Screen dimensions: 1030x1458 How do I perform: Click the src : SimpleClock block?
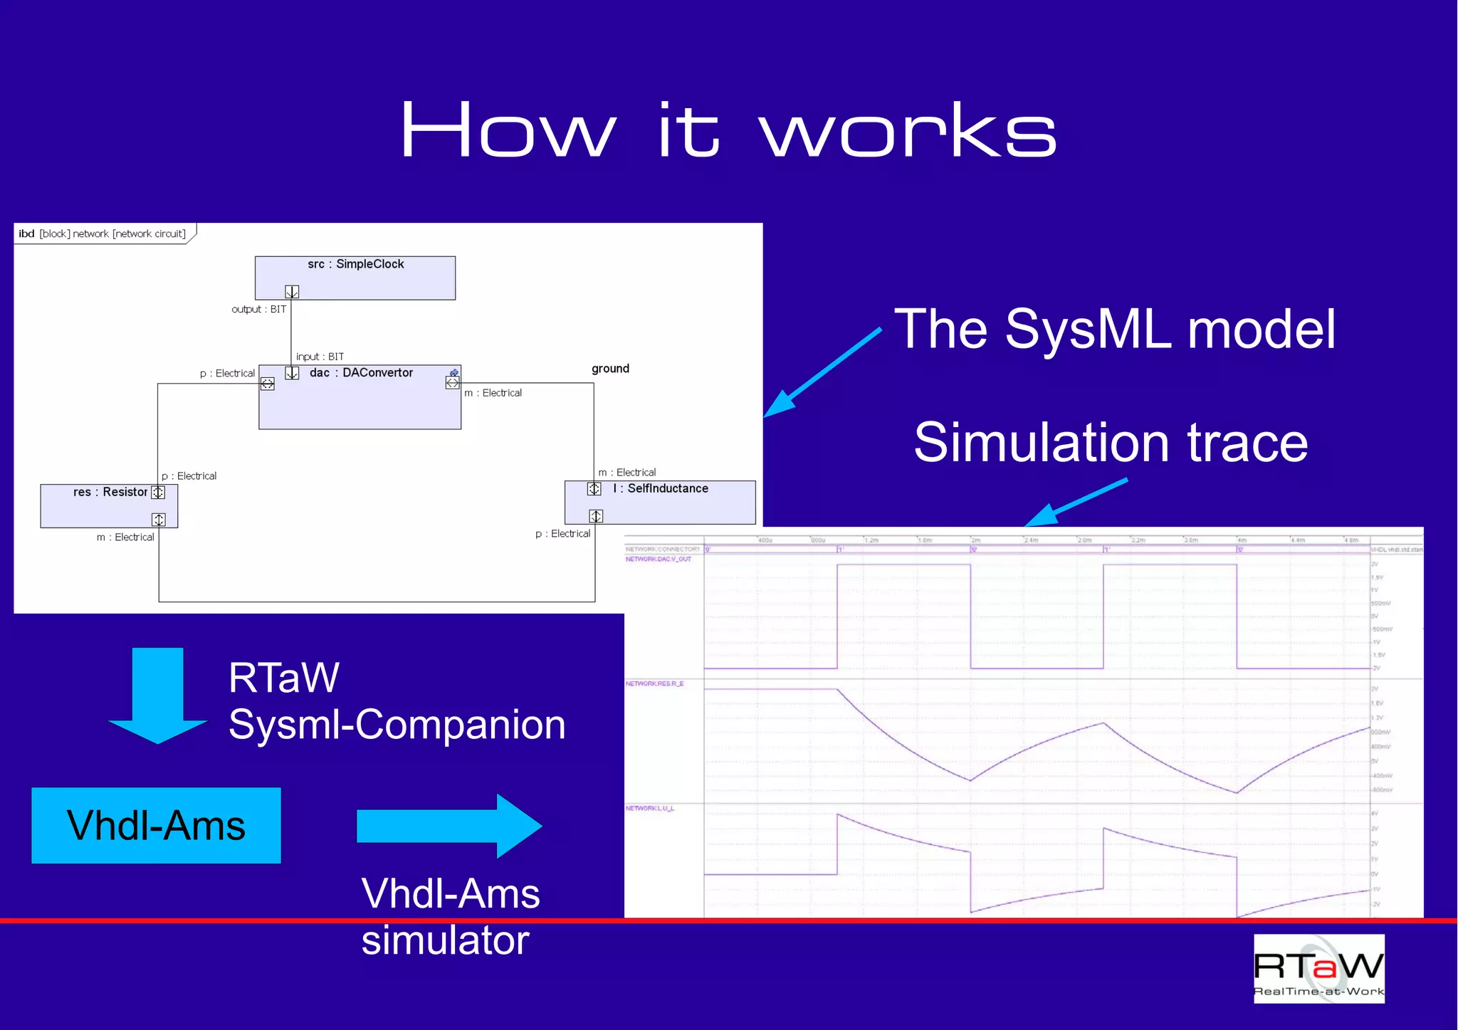click(x=355, y=278)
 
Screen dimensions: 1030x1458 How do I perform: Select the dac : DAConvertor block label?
click(x=361, y=373)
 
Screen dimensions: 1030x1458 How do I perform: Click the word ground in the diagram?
click(x=610, y=369)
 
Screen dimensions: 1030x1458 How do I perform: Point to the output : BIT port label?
click(x=258, y=310)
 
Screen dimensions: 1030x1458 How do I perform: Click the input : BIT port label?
click(x=320, y=357)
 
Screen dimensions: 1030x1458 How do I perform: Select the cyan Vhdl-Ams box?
click(x=156, y=826)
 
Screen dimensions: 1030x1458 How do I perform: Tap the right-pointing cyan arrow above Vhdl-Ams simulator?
click(x=449, y=826)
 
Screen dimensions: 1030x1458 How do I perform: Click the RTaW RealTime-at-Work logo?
click(x=1318, y=969)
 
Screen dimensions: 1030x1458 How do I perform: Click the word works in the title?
click(x=907, y=131)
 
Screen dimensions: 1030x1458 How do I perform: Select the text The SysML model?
click(x=1114, y=329)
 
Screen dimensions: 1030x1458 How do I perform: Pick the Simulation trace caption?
click(x=1111, y=442)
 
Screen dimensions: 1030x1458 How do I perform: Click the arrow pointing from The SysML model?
click(x=822, y=372)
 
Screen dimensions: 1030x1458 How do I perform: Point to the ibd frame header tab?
click(x=103, y=233)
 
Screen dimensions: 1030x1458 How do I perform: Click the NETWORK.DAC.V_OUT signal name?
click(x=658, y=559)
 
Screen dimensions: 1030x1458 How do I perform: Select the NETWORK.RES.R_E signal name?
click(x=654, y=684)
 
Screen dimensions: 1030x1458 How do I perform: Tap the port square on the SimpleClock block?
click(x=292, y=292)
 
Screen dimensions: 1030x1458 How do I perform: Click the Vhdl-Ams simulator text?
click(x=449, y=916)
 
